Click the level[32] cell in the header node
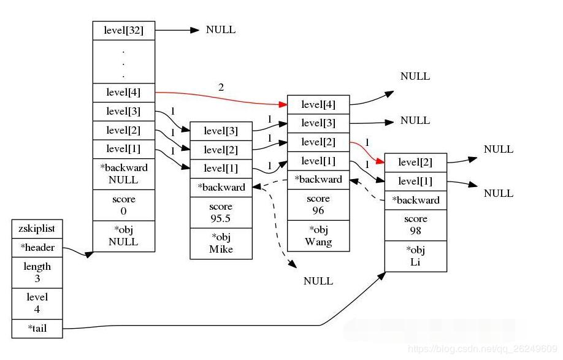pos(124,31)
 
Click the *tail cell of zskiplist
pos(37,329)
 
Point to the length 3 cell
pos(37,272)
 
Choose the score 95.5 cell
pos(221,213)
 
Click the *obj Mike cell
pos(221,243)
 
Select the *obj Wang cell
pos(318,236)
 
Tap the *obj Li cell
pos(415,256)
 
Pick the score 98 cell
pos(415,225)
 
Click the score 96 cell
pos(318,205)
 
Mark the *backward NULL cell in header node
pos(124,174)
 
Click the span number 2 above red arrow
pos(221,87)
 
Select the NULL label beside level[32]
pos(221,30)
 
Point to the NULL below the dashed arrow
pos(318,281)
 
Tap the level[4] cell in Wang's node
pos(318,105)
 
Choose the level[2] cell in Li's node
pos(415,163)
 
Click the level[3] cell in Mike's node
pos(221,131)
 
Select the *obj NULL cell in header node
pos(124,236)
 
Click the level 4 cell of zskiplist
pos(37,303)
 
